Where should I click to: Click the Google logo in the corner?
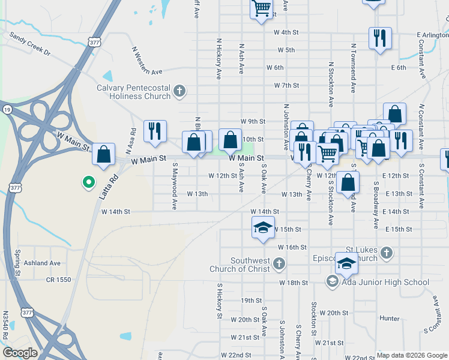(x=20, y=353)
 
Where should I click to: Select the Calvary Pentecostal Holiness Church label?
(x=134, y=92)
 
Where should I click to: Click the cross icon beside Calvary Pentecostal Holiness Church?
(x=179, y=92)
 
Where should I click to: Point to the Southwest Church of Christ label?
(x=252, y=265)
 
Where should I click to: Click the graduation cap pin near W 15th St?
(x=262, y=228)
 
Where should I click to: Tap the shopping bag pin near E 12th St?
(x=348, y=181)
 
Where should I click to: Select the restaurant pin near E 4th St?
(x=379, y=38)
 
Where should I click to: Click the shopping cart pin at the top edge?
(x=261, y=9)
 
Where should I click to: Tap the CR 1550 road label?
(x=58, y=280)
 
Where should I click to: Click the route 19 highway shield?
(x=7, y=109)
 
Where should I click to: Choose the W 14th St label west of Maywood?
(x=116, y=211)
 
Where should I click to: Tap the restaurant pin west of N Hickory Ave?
(x=154, y=131)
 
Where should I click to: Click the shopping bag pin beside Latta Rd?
(x=104, y=154)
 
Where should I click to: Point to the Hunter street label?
(x=390, y=319)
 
